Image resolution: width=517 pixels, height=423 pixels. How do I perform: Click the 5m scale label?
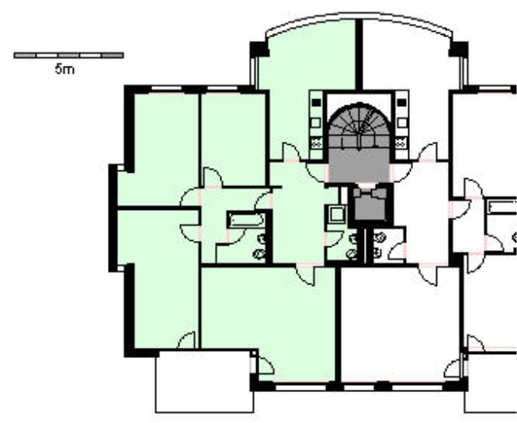click(x=64, y=70)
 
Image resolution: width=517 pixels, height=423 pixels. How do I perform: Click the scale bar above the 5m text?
click(x=69, y=55)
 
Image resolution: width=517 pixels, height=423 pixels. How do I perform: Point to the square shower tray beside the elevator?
click(x=335, y=212)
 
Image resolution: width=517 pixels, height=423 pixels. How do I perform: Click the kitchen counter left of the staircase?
click(x=316, y=119)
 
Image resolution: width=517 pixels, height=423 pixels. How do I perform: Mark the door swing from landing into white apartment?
click(x=402, y=170)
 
